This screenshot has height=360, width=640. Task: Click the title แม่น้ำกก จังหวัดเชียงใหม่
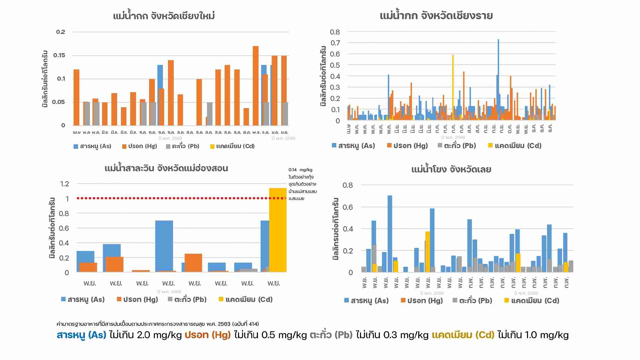point(164,16)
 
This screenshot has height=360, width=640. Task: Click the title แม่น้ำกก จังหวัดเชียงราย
point(436,16)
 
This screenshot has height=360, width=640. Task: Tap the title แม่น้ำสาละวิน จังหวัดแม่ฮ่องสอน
point(166,168)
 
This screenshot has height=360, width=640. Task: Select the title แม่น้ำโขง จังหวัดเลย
point(451,169)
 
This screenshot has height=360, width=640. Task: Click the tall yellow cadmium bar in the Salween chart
point(277,230)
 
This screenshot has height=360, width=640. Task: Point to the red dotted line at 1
point(179,198)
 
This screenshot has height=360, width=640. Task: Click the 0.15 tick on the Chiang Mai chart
point(59,55)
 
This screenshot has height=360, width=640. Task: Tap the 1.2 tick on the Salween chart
point(64,184)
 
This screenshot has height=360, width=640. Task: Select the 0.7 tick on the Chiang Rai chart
point(335,43)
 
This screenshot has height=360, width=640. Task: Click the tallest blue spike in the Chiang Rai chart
point(498,64)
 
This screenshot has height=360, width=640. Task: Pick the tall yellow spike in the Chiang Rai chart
point(453,83)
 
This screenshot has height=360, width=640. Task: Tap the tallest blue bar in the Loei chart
point(390,234)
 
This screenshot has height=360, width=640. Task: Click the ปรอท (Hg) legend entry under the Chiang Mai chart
point(140,146)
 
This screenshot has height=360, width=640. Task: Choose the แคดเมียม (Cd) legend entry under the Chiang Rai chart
point(515,146)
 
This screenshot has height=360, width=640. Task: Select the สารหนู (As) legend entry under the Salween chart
point(83,300)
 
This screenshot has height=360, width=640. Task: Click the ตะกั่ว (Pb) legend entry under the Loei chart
point(472,300)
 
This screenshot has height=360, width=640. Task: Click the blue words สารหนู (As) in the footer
point(81,335)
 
